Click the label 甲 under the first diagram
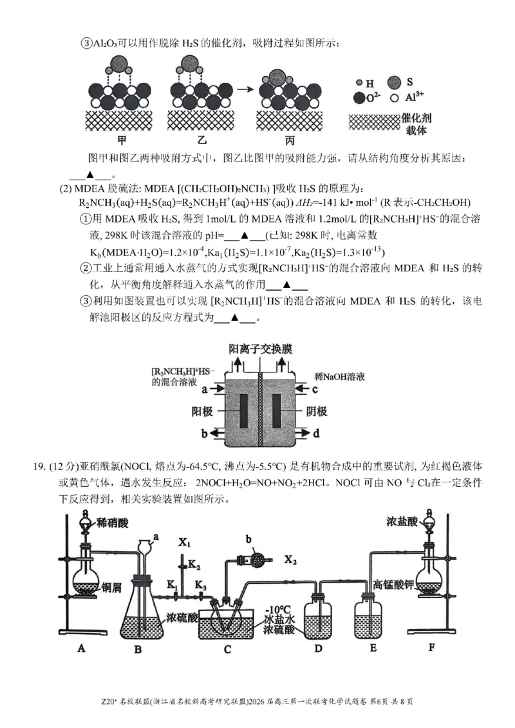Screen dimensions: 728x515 click(122, 140)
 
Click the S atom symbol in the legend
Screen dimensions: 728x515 click(409, 82)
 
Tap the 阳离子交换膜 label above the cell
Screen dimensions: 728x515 click(260, 349)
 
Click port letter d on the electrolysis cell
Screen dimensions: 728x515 click(316, 434)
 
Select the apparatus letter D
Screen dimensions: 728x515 click(317, 648)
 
